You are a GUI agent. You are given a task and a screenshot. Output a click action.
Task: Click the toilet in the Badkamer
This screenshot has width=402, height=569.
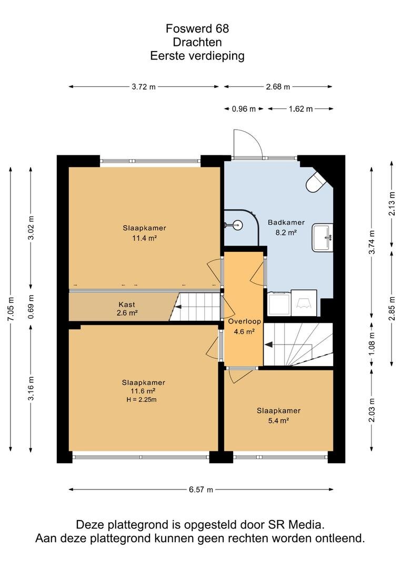316,181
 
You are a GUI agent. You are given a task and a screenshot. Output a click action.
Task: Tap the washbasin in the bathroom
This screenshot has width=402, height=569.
322,238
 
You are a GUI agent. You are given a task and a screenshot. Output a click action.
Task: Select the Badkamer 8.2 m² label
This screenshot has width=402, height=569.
286,228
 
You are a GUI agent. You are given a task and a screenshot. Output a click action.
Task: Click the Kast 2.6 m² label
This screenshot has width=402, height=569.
127,309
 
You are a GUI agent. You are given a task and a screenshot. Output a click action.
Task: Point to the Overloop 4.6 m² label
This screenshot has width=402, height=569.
244,326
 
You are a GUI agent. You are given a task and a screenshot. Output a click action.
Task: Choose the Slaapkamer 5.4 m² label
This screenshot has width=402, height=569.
278,416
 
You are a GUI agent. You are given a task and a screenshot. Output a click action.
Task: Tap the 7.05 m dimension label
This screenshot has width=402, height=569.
11,309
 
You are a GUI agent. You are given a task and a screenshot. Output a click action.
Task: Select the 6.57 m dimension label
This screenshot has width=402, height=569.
201,489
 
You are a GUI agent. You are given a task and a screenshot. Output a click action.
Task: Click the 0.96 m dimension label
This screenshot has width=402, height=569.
244,109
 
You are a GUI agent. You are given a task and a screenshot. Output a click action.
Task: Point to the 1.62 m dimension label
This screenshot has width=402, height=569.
300,109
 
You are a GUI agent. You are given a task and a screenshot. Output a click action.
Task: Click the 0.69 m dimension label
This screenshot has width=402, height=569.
31,307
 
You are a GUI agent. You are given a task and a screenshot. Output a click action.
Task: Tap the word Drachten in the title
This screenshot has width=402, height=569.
197,42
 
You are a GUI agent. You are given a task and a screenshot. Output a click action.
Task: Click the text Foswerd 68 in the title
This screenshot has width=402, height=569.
197,28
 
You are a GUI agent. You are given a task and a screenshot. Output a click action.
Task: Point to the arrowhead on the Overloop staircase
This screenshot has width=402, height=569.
268,345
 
